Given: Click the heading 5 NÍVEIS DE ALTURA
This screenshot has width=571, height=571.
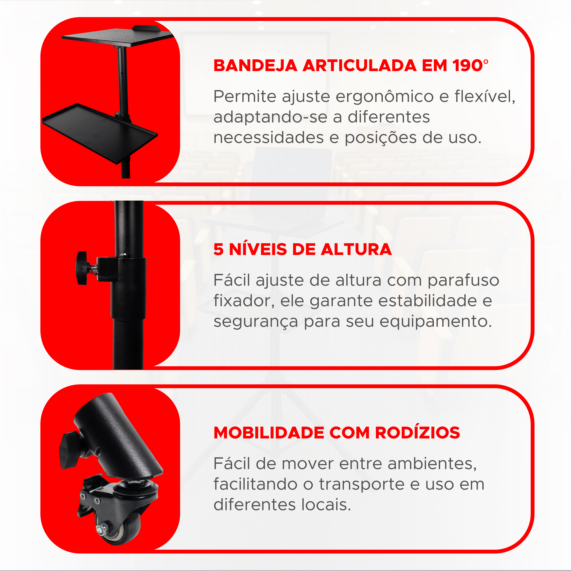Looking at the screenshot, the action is pyautogui.click(x=302, y=249).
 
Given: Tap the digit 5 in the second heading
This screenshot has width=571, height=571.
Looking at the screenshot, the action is pyautogui.click(x=218, y=249).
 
